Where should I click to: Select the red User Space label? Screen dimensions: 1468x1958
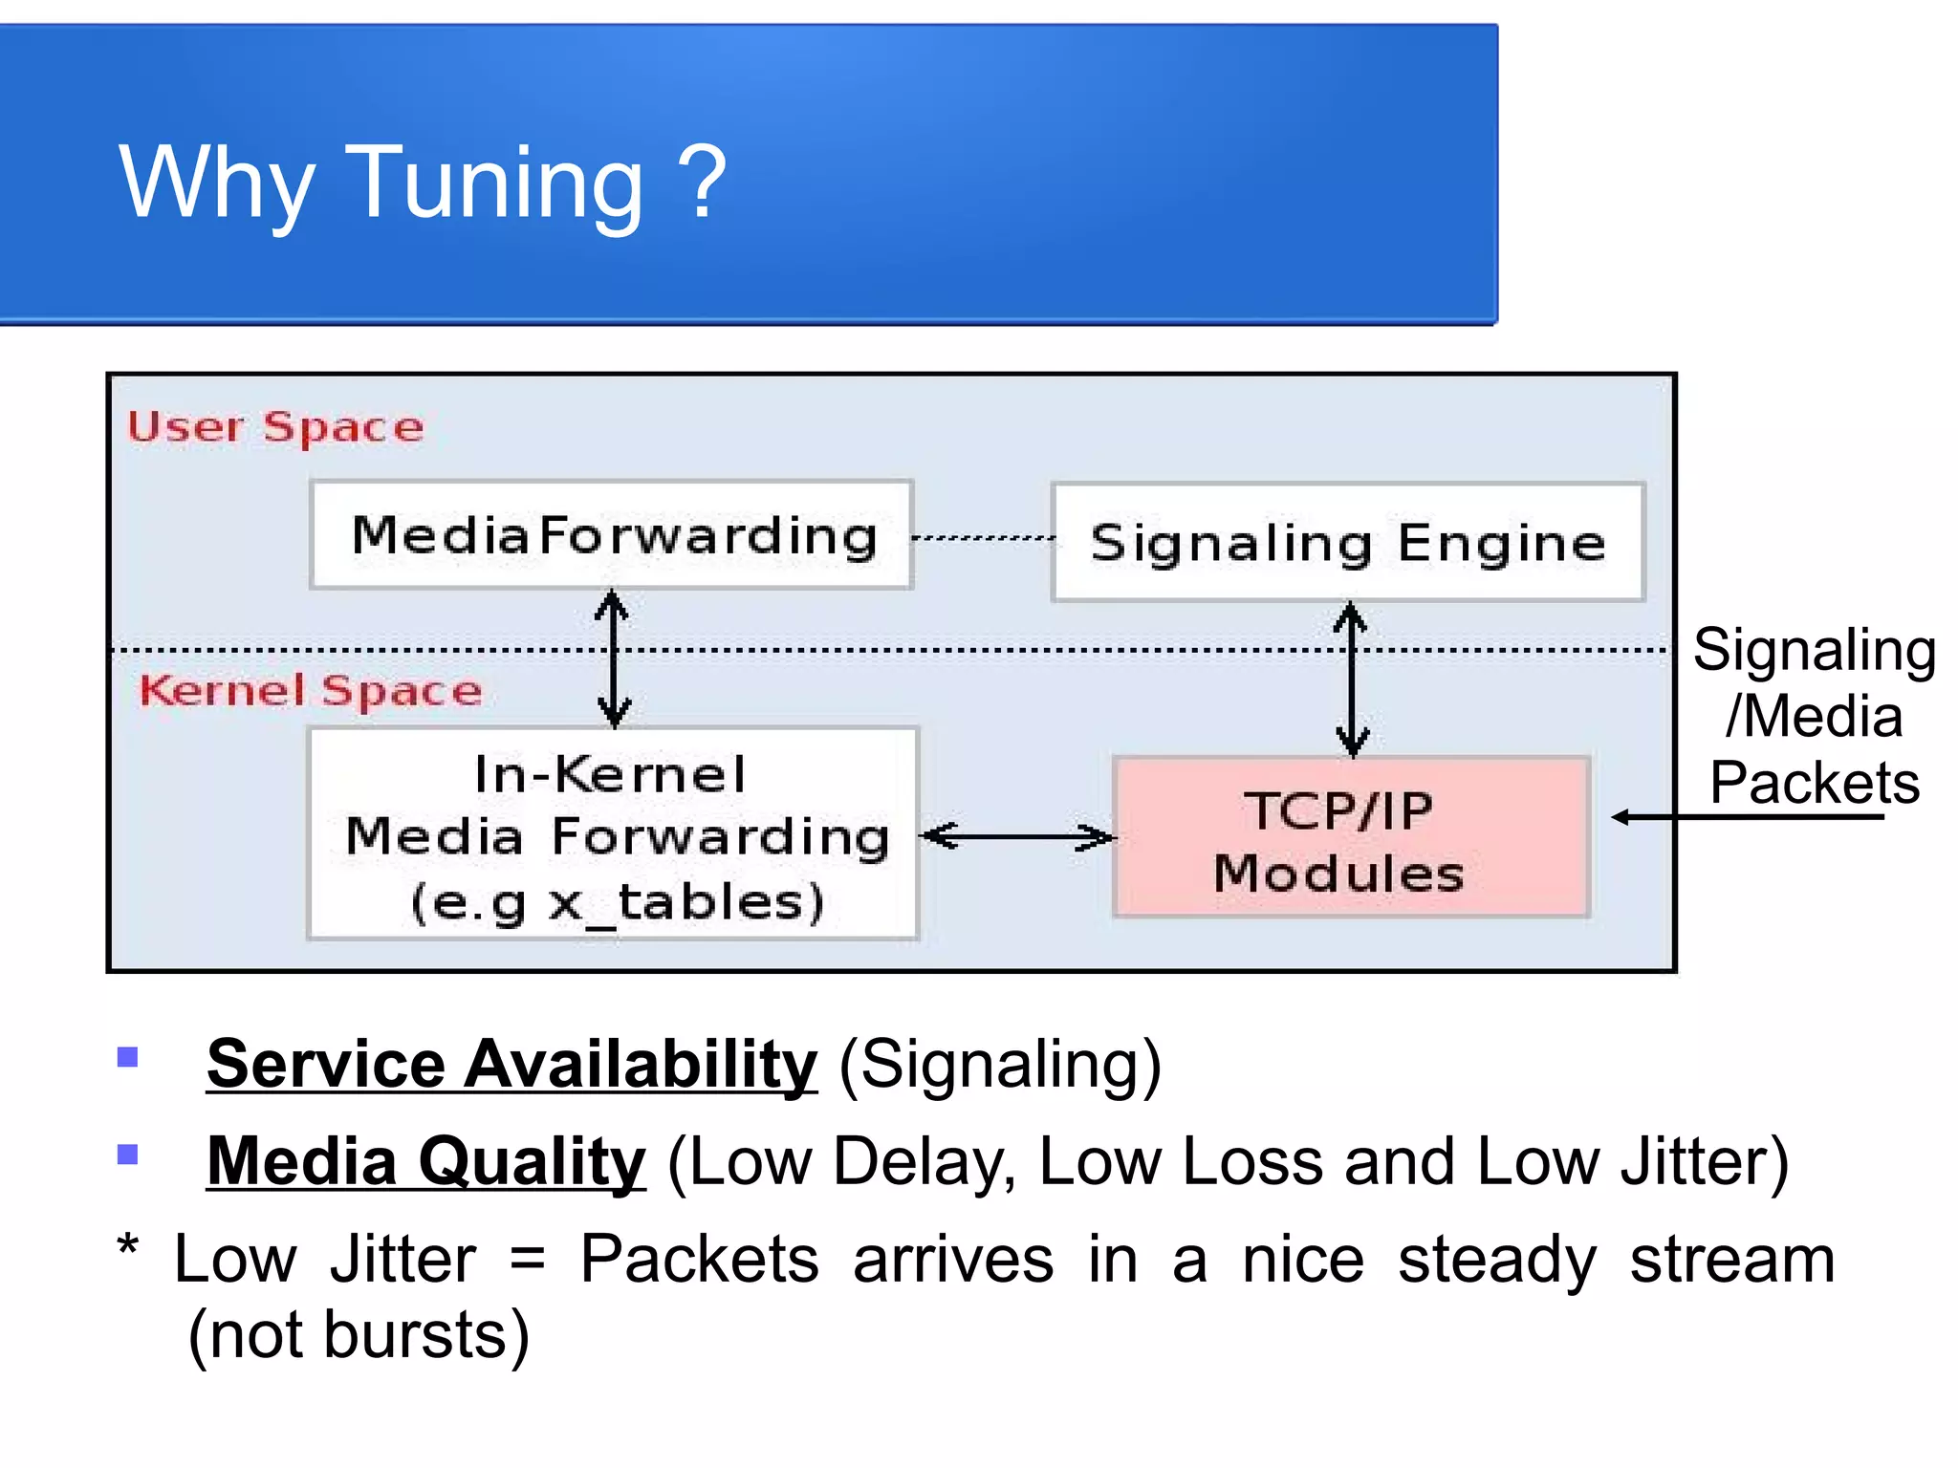(x=275, y=426)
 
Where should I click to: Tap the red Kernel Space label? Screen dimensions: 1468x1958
(x=311, y=690)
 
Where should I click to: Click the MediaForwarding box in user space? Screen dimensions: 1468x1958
(x=612, y=534)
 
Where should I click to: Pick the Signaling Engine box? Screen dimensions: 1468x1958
(x=1347, y=542)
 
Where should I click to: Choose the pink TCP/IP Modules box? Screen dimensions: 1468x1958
(x=1351, y=838)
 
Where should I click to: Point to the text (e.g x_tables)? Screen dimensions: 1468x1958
(x=617, y=902)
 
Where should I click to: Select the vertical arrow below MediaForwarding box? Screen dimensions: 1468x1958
(x=613, y=658)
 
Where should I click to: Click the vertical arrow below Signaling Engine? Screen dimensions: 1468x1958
(x=1351, y=679)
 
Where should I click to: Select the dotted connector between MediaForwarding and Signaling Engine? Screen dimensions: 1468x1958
(x=983, y=538)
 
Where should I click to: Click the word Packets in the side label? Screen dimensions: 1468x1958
(x=1814, y=784)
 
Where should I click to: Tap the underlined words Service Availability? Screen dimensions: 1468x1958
(x=511, y=1064)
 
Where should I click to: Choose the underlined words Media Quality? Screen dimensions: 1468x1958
(x=426, y=1161)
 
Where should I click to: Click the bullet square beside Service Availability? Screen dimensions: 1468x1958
(x=127, y=1057)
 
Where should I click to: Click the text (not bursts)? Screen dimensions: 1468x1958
(x=359, y=1335)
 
